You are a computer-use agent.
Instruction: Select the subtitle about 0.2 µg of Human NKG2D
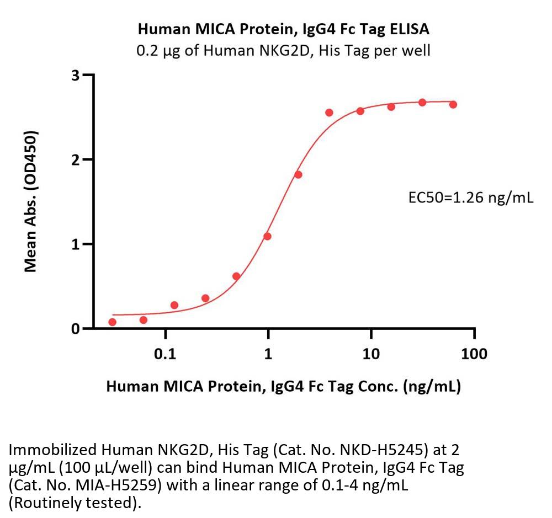pos(284,51)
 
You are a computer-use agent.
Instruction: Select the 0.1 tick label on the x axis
pos(165,354)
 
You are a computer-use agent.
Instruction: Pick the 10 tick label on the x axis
pos(371,354)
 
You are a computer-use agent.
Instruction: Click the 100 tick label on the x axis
pos(474,354)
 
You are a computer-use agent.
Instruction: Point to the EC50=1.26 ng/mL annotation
pos(470,197)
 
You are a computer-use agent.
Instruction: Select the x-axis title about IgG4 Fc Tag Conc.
pos(284,387)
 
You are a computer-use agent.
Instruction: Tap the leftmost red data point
pos(113,322)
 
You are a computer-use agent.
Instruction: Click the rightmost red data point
pos(453,104)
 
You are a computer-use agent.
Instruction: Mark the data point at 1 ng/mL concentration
pos(268,236)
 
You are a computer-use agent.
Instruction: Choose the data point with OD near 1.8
pos(299,174)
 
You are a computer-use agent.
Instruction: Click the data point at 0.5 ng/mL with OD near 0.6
pos(236,276)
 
